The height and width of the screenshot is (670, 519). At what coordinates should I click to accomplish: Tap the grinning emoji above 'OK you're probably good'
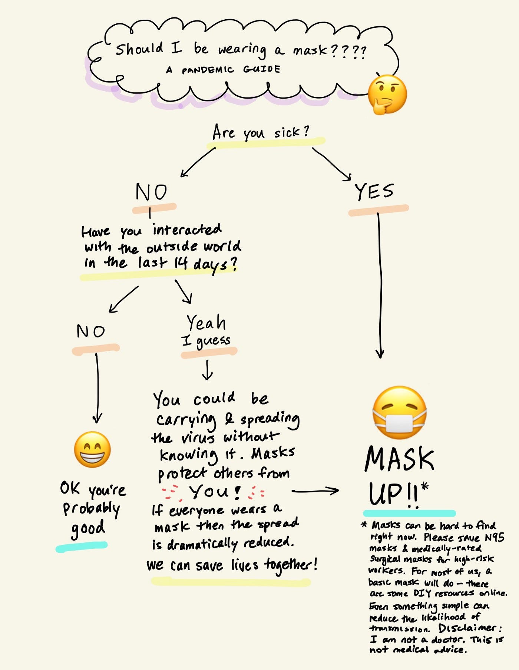(92, 449)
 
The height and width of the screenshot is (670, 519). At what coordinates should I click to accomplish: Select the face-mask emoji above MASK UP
(399, 412)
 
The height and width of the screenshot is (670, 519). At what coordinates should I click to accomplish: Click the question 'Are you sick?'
(261, 133)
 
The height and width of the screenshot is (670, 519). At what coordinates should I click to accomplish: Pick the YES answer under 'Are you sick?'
(374, 192)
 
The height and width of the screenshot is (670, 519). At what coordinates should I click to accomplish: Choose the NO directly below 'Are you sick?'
(151, 192)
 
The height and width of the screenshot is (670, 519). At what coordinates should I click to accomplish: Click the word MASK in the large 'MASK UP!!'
(399, 459)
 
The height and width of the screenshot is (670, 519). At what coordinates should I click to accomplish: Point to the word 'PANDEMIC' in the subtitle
(208, 70)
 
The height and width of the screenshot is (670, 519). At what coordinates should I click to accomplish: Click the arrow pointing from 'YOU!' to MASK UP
(315, 491)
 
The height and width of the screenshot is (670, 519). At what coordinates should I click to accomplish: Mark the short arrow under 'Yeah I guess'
(207, 370)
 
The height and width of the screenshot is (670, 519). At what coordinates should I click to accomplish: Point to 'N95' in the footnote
(494, 537)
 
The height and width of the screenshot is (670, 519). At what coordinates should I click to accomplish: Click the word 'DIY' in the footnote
(423, 593)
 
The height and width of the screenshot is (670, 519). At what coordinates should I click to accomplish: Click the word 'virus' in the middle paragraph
(198, 438)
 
